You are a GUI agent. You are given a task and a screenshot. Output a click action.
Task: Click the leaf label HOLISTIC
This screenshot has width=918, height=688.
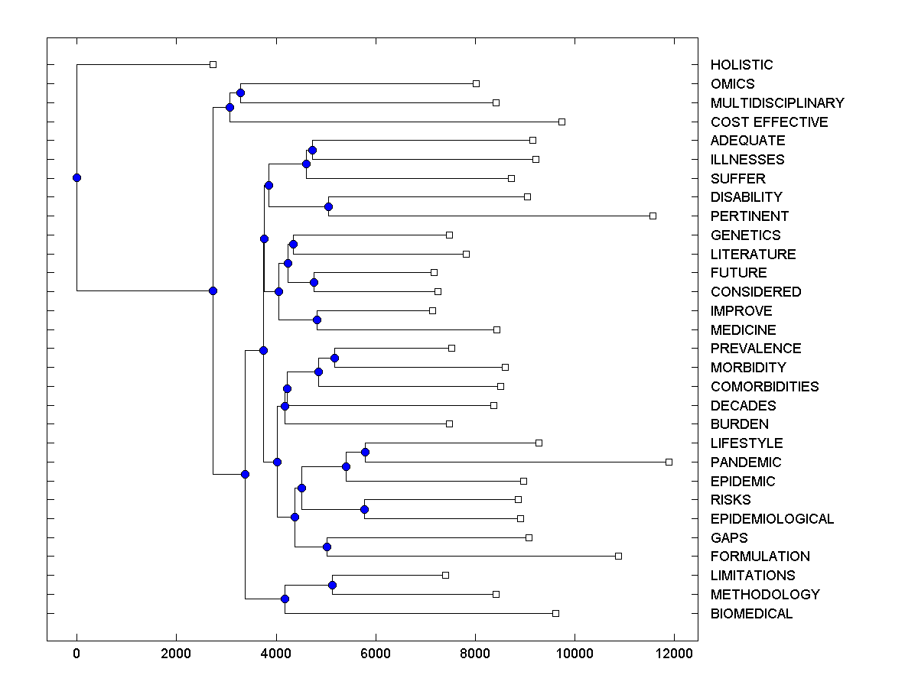click(x=741, y=65)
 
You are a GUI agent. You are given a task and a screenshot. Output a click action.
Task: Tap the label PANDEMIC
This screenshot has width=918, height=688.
click(x=746, y=462)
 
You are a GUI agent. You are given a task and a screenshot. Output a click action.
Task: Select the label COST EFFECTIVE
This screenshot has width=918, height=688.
click(x=769, y=122)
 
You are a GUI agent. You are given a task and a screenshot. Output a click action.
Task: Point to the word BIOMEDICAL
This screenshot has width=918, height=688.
click(x=751, y=614)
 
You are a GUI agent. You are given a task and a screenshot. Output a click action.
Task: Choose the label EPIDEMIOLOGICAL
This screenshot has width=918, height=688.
click(x=772, y=519)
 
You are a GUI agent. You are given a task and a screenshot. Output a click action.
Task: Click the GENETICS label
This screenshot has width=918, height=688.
click(x=745, y=235)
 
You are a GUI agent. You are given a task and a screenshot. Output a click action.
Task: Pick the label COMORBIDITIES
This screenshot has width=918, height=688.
click(x=764, y=387)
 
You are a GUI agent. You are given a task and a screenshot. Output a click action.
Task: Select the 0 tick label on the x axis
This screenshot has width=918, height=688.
click(x=76, y=653)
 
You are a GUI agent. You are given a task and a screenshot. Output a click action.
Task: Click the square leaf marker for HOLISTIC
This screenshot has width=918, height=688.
click(x=213, y=64)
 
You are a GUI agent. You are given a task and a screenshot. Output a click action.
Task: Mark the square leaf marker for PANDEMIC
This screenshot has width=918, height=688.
click(x=669, y=462)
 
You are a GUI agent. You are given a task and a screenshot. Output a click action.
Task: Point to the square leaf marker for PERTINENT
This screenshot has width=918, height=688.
click(x=653, y=216)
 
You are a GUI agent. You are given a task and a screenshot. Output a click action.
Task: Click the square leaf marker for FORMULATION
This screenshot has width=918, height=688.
click(x=618, y=556)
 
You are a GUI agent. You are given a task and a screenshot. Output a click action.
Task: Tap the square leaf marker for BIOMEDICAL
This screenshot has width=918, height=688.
click(x=555, y=613)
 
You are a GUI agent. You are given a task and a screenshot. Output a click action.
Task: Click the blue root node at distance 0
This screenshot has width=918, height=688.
click(x=76, y=177)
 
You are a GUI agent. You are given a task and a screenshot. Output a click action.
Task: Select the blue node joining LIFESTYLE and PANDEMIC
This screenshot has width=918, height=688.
click(x=365, y=452)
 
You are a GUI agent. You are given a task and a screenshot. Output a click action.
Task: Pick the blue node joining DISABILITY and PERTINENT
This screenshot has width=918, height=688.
click(x=328, y=206)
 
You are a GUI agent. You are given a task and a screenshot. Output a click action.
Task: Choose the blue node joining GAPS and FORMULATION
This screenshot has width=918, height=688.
click(x=327, y=547)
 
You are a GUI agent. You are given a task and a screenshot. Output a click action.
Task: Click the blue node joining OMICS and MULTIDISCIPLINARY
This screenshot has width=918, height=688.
click(x=240, y=92)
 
